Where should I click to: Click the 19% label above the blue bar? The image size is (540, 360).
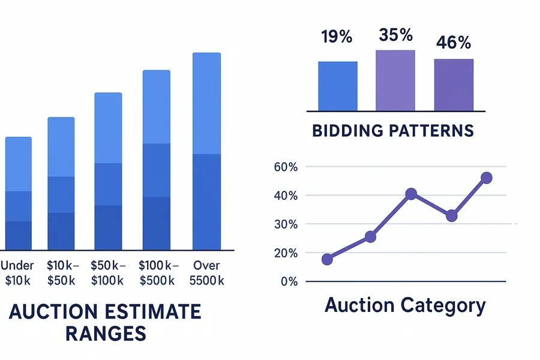pos(336,37)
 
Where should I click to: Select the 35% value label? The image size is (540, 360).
pos(396,35)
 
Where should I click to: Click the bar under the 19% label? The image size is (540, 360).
pos(338,86)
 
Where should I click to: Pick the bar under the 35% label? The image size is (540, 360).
pos(395,80)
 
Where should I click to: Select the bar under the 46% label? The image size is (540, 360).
pos(454,85)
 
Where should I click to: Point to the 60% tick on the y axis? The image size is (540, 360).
pos(285,167)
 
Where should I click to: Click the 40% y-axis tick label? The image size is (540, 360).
pos(285,196)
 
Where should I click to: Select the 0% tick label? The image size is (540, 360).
pos(289,281)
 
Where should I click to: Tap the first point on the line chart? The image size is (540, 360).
pos(327,259)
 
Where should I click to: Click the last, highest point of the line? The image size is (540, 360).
pos(487,178)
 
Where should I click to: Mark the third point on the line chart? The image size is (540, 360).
pos(411,194)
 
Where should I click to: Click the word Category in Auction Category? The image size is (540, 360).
pos(443,305)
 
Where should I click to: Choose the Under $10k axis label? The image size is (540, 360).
pos(18,273)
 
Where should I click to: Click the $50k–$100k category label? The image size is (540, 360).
pos(107,273)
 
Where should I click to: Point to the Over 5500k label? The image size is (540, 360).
pos(206,273)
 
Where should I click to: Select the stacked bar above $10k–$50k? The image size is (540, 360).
pos(61,183)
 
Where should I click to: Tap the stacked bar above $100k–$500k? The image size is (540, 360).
pos(156,160)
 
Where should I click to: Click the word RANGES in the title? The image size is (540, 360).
pos(105,334)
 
